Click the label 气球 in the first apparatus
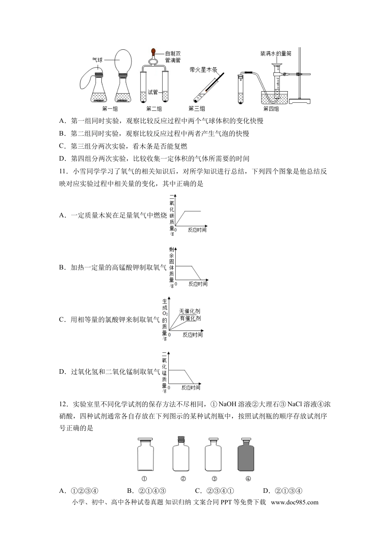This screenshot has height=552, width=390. tap(97, 60)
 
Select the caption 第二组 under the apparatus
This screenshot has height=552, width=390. tap(154, 109)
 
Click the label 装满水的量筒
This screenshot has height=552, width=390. tap(275, 53)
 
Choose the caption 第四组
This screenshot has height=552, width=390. tap(271, 109)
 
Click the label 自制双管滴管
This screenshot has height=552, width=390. tap(173, 57)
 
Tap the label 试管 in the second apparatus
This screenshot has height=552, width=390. tap(153, 92)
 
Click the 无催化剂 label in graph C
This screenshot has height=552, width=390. tap(190, 312)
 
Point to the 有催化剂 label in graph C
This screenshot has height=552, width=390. tap(190, 318)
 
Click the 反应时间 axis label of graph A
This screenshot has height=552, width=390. tap(197, 230)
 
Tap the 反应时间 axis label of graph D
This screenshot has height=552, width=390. tap(191, 387)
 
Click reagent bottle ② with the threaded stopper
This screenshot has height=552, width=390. tap(181, 455)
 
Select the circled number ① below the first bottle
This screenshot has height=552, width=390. tap(145, 478)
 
